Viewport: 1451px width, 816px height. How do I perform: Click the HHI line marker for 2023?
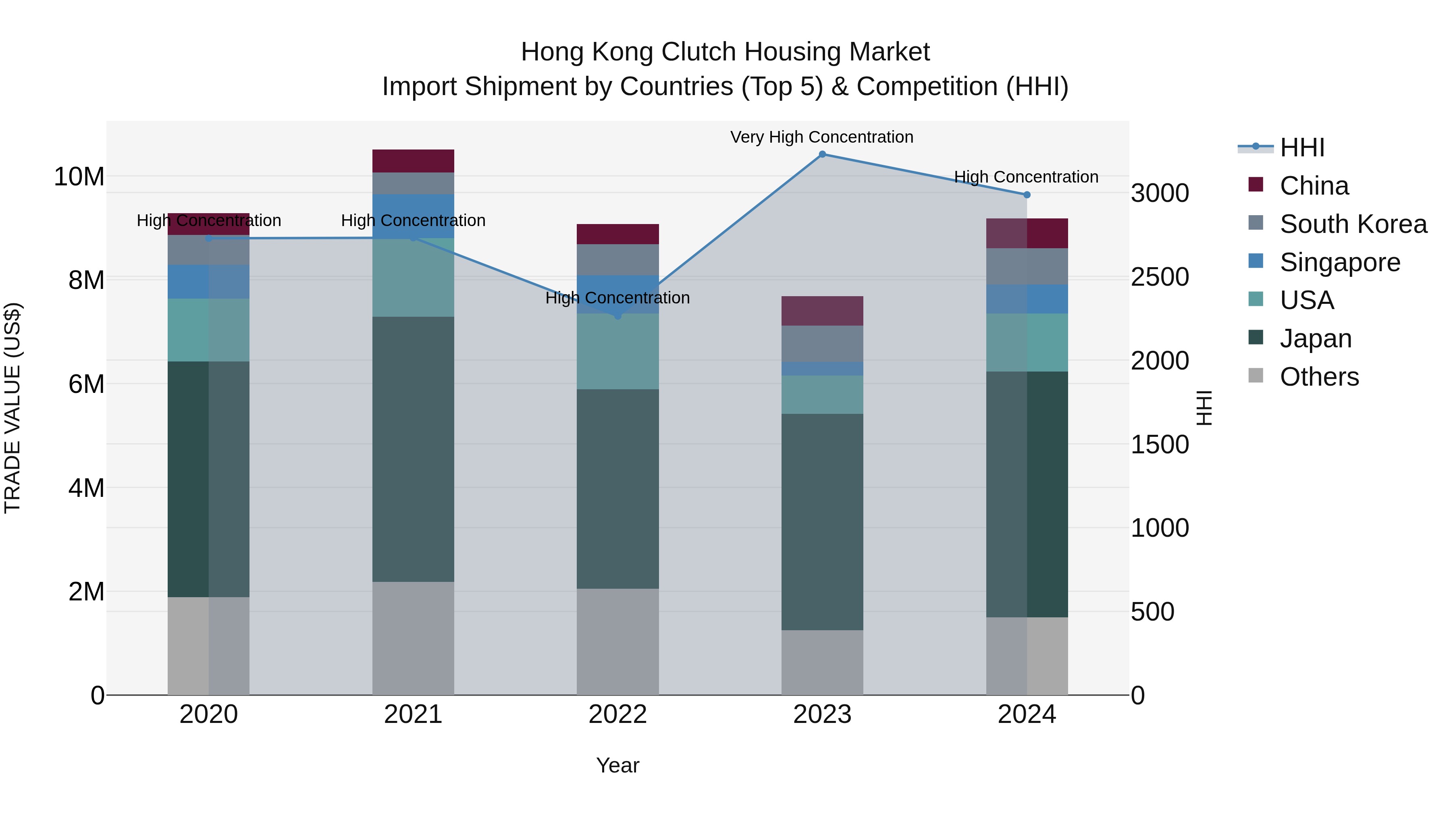click(822, 154)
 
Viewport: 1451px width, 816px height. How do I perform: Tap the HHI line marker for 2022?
click(617, 316)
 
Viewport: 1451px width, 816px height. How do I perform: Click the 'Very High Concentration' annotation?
click(821, 137)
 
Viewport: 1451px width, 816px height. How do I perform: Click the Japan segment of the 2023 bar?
click(822, 521)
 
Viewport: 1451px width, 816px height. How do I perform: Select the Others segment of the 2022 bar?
click(617, 642)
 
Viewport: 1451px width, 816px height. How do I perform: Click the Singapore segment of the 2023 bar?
click(822, 369)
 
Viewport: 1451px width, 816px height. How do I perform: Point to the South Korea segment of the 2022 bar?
click(617, 260)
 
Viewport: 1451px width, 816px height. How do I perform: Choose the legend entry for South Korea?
click(1353, 224)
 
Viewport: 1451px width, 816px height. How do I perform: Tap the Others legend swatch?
click(1256, 376)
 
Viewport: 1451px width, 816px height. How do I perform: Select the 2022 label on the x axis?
click(617, 714)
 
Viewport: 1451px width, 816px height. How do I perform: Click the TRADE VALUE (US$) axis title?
click(12, 408)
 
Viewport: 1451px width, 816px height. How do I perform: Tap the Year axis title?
click(617, 765)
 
